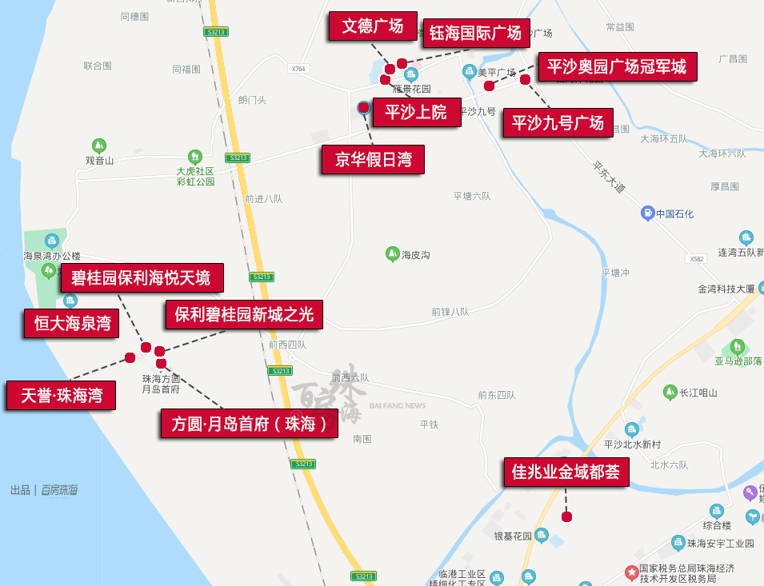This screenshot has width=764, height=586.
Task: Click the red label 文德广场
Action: (372, 26)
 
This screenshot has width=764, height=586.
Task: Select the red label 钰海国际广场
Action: (475, 33)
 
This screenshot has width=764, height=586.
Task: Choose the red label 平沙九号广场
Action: (558, 123)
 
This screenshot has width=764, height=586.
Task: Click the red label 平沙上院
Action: (415, 111)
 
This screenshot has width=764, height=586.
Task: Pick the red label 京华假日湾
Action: (373, 159)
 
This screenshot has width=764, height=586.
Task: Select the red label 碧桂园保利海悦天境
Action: (141, 277)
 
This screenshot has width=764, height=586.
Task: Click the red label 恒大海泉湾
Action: (71, 324)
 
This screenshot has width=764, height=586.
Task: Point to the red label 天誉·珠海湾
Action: (61, 395)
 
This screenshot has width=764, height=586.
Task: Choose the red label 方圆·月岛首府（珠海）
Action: (249, 424)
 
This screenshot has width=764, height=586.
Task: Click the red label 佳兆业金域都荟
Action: (566, 472)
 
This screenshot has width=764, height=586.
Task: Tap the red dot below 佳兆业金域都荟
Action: (566, 516)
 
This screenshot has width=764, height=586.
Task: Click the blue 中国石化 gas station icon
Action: (647, 213)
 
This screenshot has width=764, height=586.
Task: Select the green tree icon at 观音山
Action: (98, 146)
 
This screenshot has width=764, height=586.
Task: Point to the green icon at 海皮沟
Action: (392, 254)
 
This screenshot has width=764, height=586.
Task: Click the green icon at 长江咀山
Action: (670, 392)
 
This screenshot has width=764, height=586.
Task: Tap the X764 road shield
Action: (298, 69)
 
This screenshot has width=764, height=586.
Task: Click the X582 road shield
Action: (697, 259)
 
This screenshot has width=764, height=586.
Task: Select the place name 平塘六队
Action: (472, 196)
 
